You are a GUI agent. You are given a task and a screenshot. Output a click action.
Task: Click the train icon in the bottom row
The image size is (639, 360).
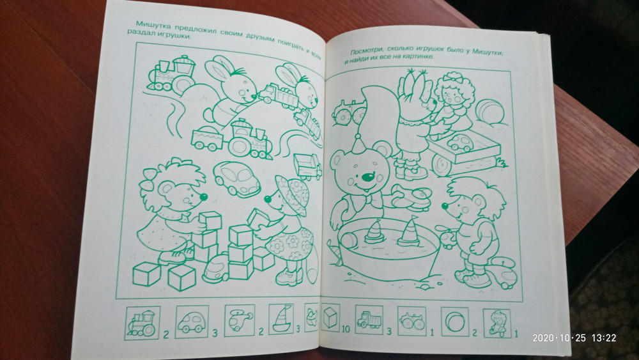point(142,323)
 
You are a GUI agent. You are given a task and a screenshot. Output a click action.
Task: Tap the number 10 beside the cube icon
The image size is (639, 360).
point(346,329)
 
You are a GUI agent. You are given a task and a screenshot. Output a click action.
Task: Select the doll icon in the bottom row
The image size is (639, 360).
point(497,324)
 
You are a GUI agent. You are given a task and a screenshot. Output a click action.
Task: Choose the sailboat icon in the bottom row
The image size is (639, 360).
point(282,319)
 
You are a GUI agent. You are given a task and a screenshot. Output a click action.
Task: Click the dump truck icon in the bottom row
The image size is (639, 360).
point(369,320)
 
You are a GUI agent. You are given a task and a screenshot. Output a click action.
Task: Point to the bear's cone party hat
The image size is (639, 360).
point(358,144)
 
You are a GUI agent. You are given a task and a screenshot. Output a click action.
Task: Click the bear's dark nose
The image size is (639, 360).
point(368,177)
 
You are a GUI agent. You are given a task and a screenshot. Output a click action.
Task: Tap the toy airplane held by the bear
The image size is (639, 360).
point(411,198)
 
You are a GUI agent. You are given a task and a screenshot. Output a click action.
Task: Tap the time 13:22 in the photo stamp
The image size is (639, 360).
point(604,338)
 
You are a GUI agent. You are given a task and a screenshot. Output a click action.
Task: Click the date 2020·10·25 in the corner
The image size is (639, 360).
point(559,338)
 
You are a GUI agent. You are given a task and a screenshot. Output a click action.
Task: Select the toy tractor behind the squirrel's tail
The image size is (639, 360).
point(348,112)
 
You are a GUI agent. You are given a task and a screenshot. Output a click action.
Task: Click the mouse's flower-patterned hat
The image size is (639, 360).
point(292,194)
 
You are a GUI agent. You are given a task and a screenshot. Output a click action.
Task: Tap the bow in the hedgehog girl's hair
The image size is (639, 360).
point(147,180)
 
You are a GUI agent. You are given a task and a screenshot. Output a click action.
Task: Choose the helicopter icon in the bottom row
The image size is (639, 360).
point(240,320)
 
